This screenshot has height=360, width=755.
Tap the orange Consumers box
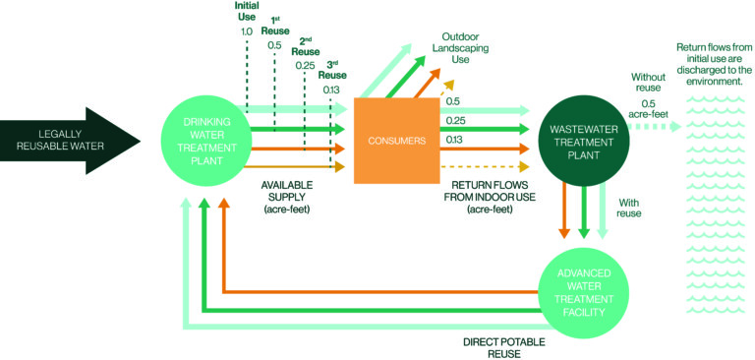point(391,141)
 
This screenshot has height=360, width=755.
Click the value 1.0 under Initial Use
point(247,32)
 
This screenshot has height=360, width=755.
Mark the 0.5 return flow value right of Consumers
point(454,100)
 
